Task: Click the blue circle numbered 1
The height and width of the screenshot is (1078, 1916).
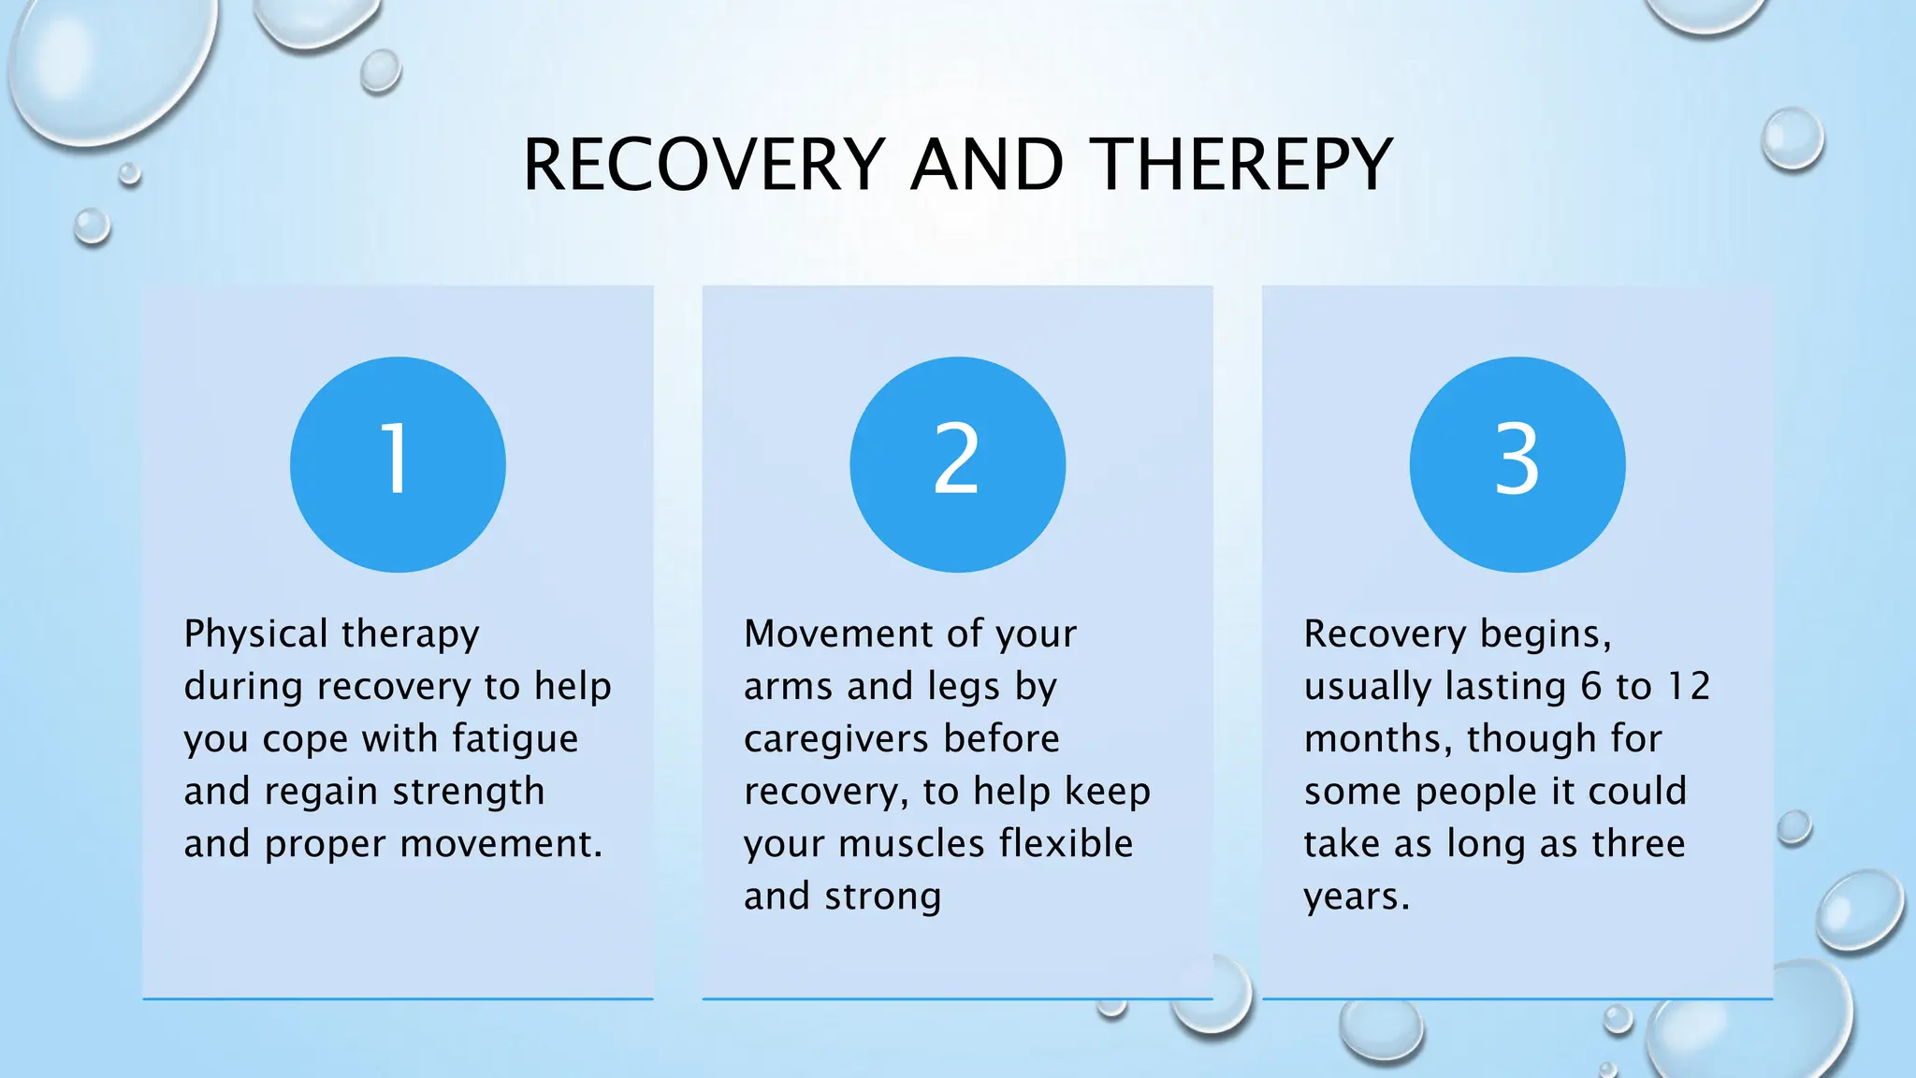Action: [x=398, y=464]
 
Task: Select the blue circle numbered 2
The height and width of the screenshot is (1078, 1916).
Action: [x=957, y=464]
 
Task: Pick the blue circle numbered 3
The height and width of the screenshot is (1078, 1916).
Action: [x=1517, y=464]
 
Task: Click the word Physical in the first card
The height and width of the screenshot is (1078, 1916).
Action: [x=255, y=634]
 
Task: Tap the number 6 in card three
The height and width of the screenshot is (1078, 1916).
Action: [x=1591, y=687]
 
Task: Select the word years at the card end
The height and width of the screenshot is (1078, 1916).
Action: [x=1356, y=897]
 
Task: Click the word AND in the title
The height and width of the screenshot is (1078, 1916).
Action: [x=987, y=166]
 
